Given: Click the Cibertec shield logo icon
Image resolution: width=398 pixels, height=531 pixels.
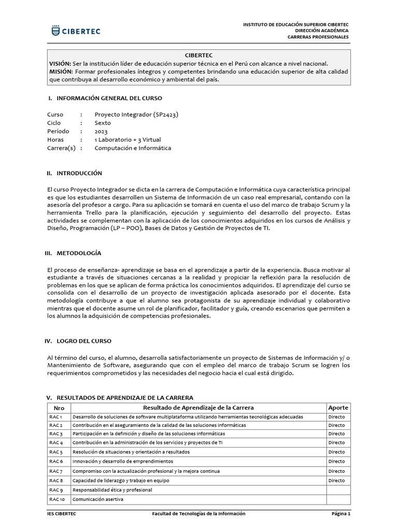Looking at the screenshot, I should pyautogui.click(x=55, y=31).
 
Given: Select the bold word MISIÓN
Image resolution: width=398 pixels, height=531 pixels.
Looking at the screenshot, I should pyautogui.click(x=61, y=71).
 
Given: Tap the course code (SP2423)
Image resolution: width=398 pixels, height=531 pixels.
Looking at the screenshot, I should pyautogui.click(x=169, y=115).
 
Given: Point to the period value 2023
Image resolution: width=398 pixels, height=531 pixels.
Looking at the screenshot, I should pyautogui.click(x=101, y=131).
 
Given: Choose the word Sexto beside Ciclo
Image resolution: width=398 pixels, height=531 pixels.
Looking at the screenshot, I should pyautogui.click(x=103, y=123).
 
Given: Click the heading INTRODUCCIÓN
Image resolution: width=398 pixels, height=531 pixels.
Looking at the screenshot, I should pyautogui.click(x=79, y=173).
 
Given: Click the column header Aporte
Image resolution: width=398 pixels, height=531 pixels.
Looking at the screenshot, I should pyautogui.click(x=338, y=408).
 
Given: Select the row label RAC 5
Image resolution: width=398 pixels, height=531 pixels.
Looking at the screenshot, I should pyautogui.click(x=56, y=452).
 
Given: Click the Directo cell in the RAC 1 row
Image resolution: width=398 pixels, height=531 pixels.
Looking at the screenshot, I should pyautogui.click(x=336, y=417).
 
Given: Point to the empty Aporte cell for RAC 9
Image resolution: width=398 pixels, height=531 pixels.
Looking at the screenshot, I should pyautogui.click(x=338, y=490).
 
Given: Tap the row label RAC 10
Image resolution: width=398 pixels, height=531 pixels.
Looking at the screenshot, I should pyautogui.click(x=57, y=499).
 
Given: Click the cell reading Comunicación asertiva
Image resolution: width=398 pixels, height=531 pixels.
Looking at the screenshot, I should pyautogui.click(x=98, y=499).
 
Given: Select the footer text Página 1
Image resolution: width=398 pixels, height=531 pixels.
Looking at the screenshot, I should pyautogui.click(x=342, y=514).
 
